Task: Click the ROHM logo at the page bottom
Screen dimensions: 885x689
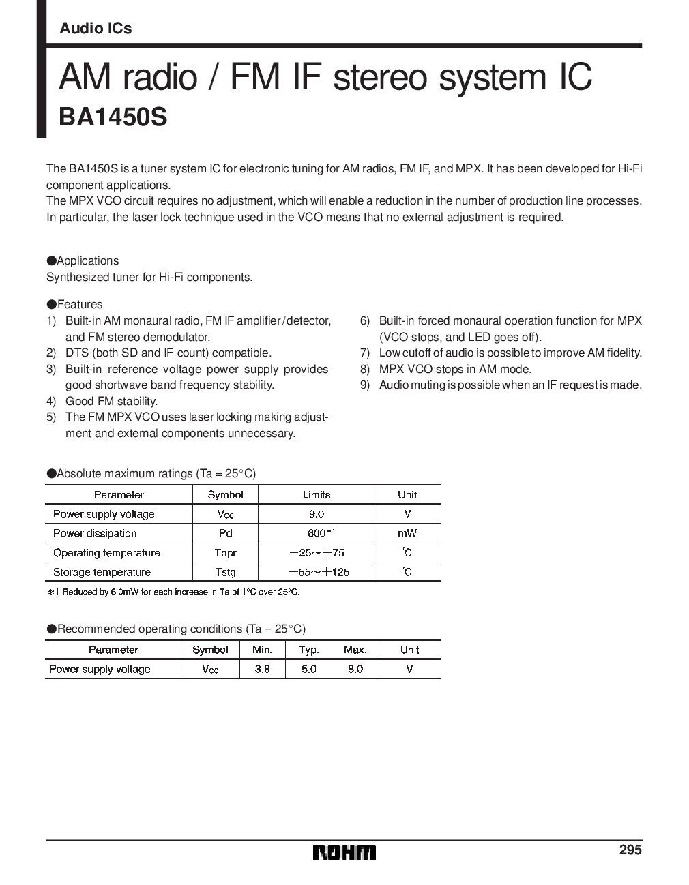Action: point(344,852)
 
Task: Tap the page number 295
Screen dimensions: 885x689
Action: point(630,850)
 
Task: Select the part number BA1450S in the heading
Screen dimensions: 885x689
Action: point(113,117)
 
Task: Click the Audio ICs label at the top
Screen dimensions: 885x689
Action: point(96,29)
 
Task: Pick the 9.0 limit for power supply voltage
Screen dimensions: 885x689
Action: point(316,514)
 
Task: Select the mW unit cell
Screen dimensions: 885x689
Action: point(407,533)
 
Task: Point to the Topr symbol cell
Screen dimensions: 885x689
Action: point(225,553)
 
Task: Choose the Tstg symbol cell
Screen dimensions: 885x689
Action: point(225,572)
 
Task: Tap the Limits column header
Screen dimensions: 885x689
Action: point(316,495)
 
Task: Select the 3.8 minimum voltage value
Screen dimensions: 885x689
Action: point(262,669)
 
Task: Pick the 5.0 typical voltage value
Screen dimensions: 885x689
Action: point(308,669)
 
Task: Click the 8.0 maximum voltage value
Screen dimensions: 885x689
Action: point(355,669)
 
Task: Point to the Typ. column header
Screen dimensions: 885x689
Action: point(308,650)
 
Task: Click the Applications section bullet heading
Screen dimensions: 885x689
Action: point(83,260)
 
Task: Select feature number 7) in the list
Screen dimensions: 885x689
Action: point(365,352)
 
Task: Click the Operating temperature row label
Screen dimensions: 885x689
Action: point(106,553)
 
